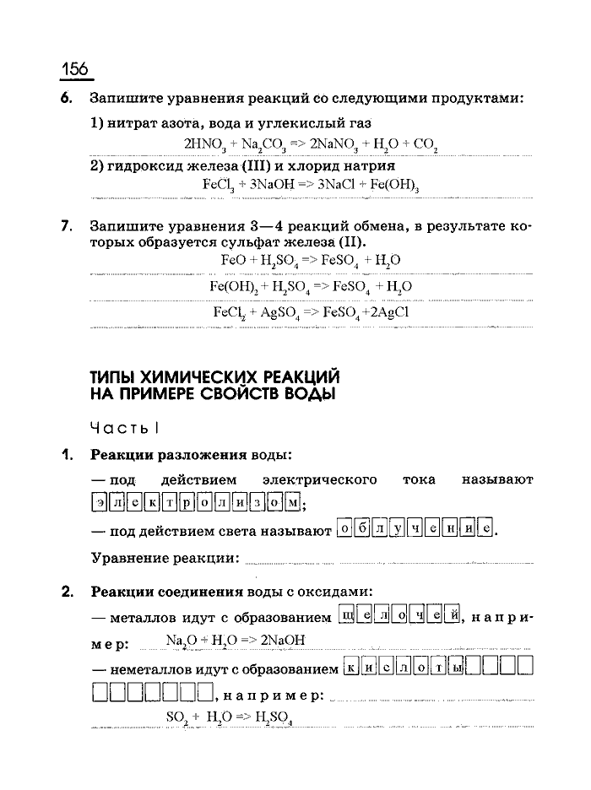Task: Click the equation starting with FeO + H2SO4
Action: pyautogui.click(x=310, y=261)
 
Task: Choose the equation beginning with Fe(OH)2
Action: pyautogui.click(x=310, y=287)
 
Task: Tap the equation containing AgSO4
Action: pyautogui.click(x=310, y=312)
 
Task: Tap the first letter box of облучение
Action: pyautogui.click(x=344, y=530)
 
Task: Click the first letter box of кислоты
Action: pyautogui.click(x=353, y=669)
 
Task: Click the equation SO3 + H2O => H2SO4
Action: pyautogui.click(x=229, y=717)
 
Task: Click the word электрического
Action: pyautogui.click(x=319, y=480)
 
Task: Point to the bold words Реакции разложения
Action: pyautogui.click(x=169, y=455)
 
